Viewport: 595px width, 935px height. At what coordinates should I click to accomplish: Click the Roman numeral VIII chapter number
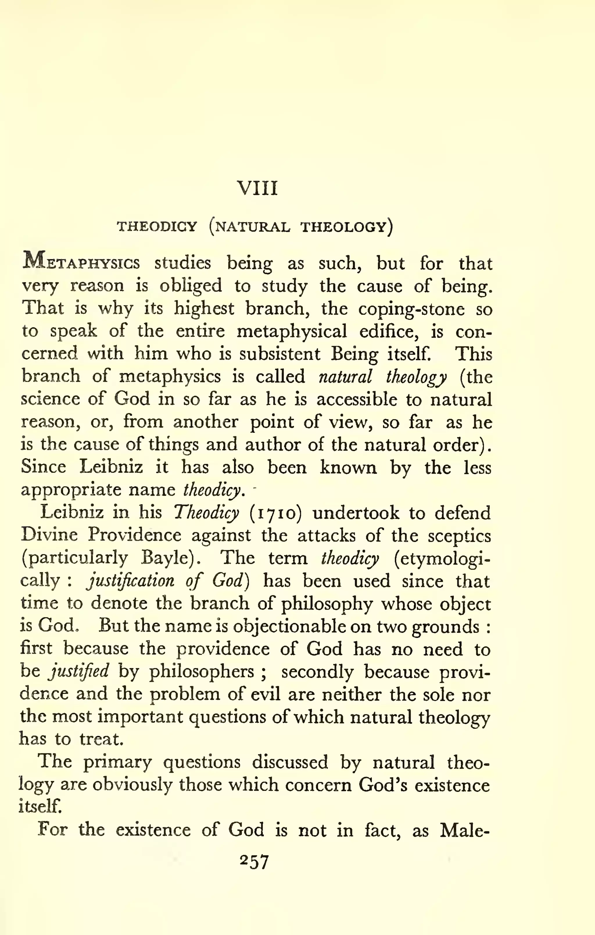click(x=257, y=189)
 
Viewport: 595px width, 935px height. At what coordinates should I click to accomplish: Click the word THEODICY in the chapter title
click(x=157, y=226)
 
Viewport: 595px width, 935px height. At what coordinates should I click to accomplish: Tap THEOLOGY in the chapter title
click(x=344, y=226)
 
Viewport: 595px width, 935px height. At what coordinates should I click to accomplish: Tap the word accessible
click(x=357, y=400)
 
